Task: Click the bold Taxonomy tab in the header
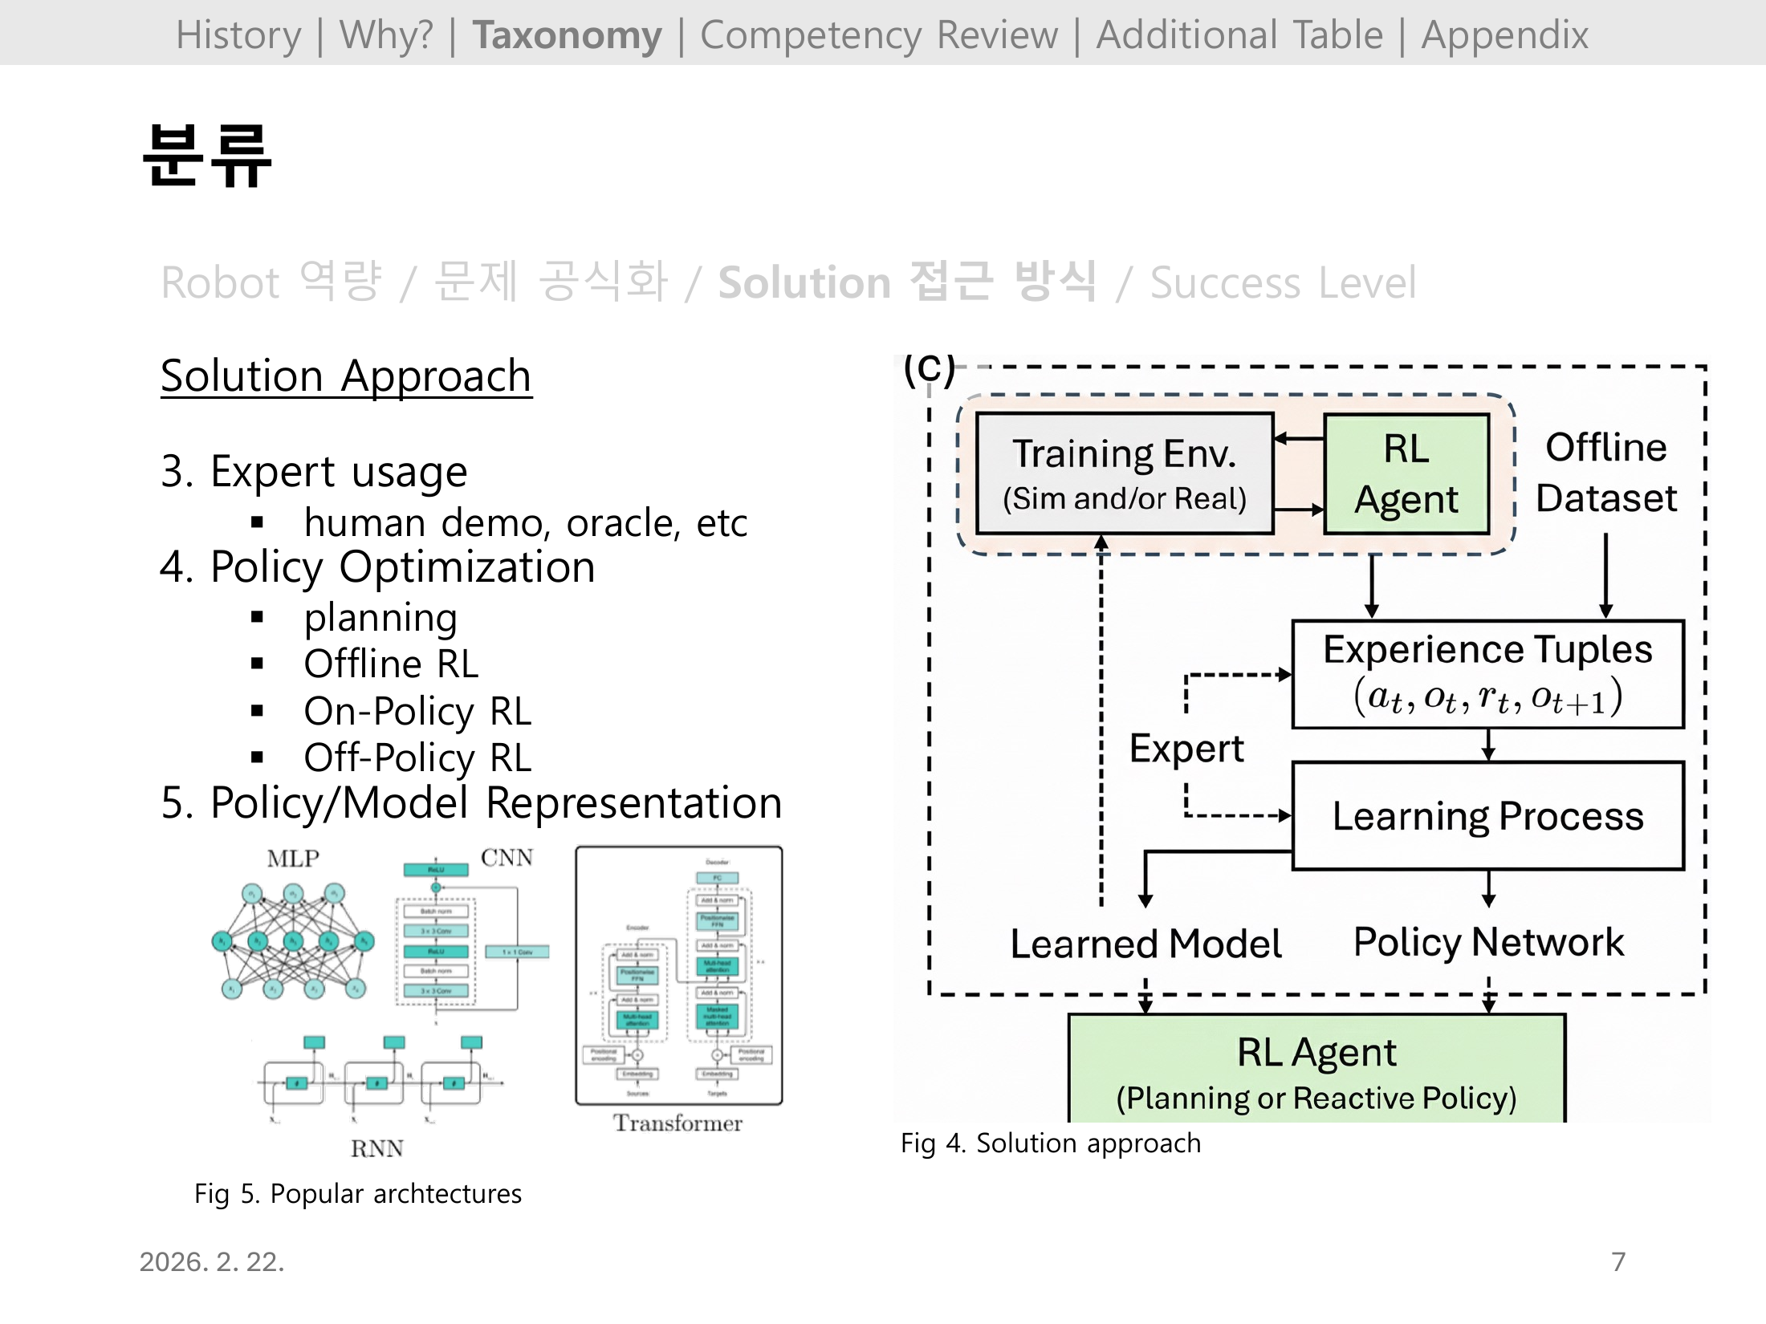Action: click(567, 35)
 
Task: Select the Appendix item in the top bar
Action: click(1504, 35)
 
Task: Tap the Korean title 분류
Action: click(207, 156)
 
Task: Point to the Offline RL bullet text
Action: click(391, 664)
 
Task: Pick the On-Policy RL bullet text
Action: click(417, 711)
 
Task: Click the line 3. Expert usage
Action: click(314, 471)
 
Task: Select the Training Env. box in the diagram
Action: click(1124, 473)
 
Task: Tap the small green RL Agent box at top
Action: click(1406, 473)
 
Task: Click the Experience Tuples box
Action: click(1487, 674)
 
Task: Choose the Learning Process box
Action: click(1487, 816)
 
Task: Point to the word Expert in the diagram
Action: click(1186, 749)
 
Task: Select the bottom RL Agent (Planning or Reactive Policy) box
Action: click(1316, 1071)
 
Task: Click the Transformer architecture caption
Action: click(678, 1123)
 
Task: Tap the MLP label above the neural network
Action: click(293, 859)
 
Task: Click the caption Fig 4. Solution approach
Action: click(1050, 1143)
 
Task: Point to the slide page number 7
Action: click(1618, 1261)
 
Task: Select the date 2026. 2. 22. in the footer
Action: click(212, 1261)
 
